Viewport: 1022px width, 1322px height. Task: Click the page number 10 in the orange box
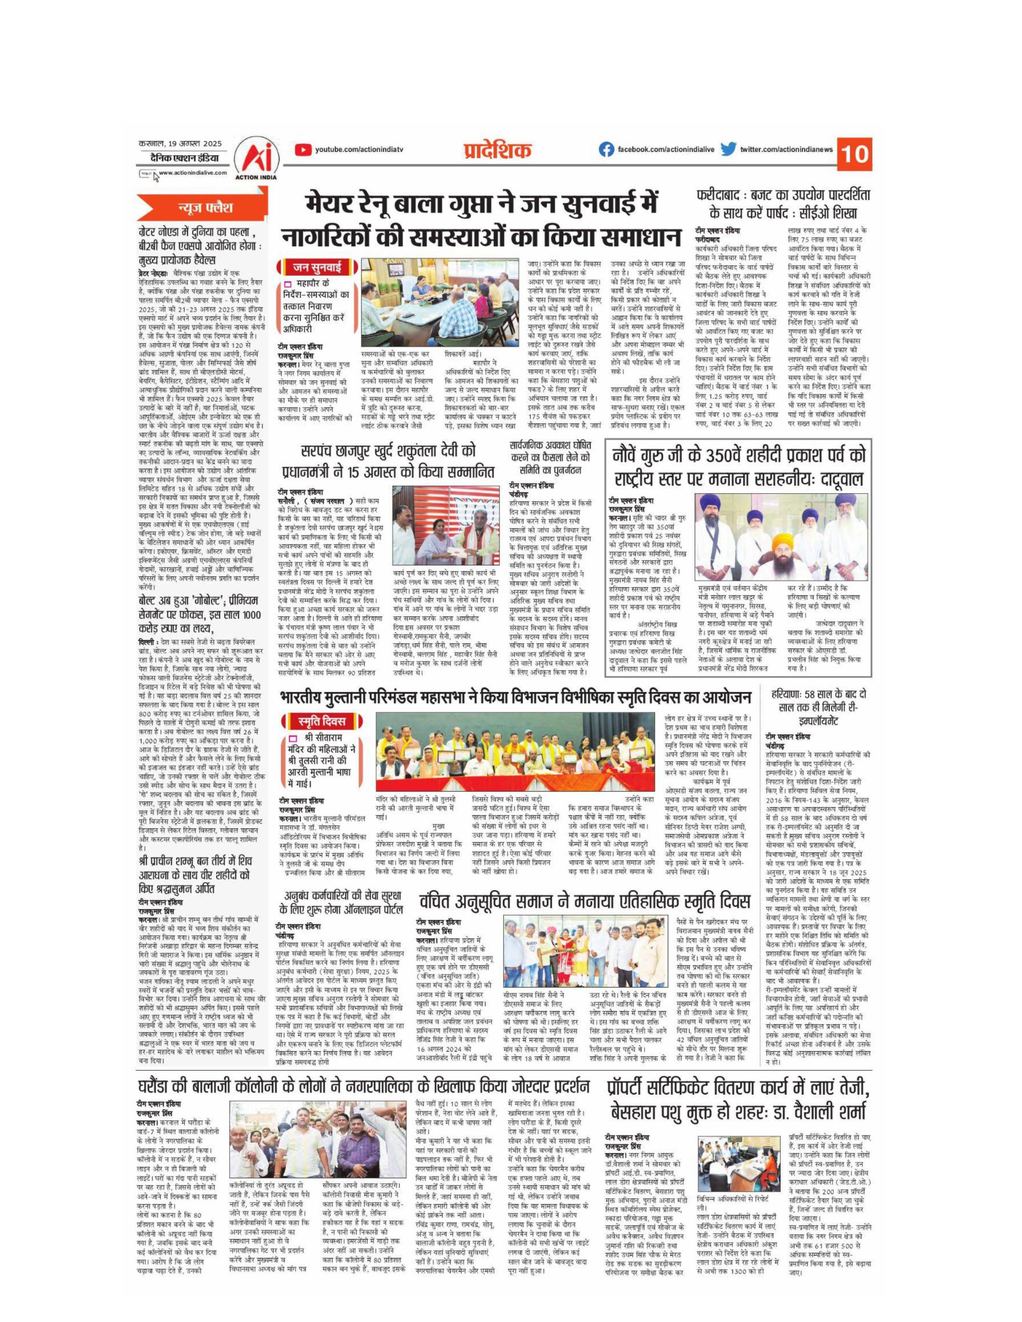(855, 154)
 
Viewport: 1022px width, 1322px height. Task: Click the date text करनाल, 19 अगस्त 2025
(180, 143)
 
